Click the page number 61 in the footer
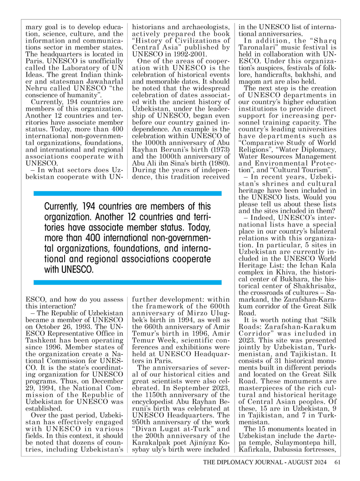click(x=337, y=463)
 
